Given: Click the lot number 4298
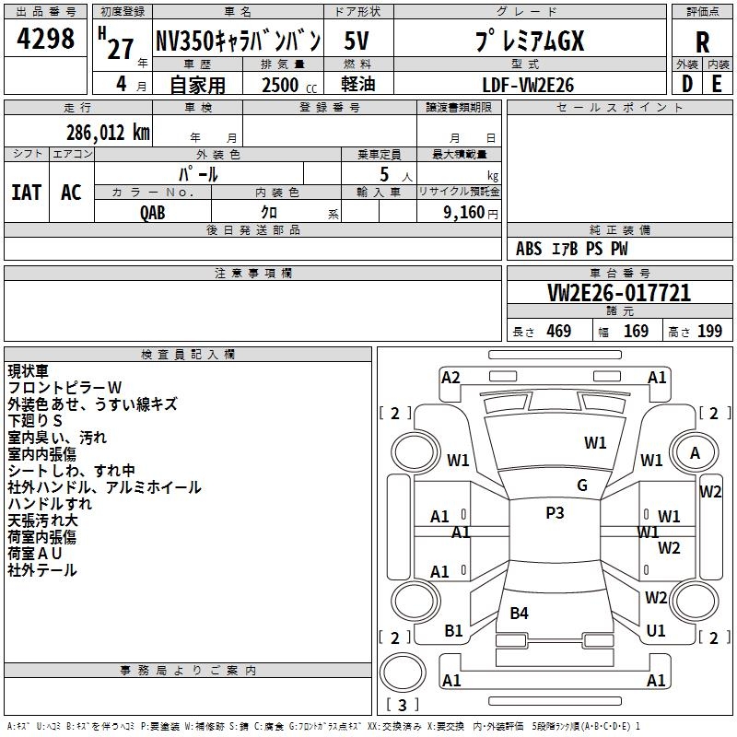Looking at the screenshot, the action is (45, 38).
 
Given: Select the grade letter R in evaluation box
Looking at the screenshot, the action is (702, 42).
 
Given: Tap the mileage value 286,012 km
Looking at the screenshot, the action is (108, 133).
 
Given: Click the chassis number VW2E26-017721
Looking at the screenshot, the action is (619, 293).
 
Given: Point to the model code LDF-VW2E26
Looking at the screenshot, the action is (528, 85).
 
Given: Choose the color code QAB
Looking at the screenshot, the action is (153, 213).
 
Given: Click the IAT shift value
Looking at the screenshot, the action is (27, 193).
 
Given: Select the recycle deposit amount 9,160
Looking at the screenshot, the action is (464, 213).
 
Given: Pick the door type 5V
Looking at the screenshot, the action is (357, 41).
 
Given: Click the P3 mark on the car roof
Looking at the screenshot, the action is (555, 512).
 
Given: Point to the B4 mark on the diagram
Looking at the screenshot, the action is (519, 613).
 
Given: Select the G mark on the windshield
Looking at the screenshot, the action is (582, 485).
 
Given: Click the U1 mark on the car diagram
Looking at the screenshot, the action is (656, 630).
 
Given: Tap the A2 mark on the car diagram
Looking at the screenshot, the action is (450, 378).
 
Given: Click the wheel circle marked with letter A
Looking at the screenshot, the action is (695, 453).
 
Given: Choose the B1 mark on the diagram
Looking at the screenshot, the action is (453, 630).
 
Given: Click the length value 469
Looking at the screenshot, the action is (559, 331).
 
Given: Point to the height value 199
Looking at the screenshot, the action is (709, 331).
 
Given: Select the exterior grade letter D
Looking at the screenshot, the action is (687, 84).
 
